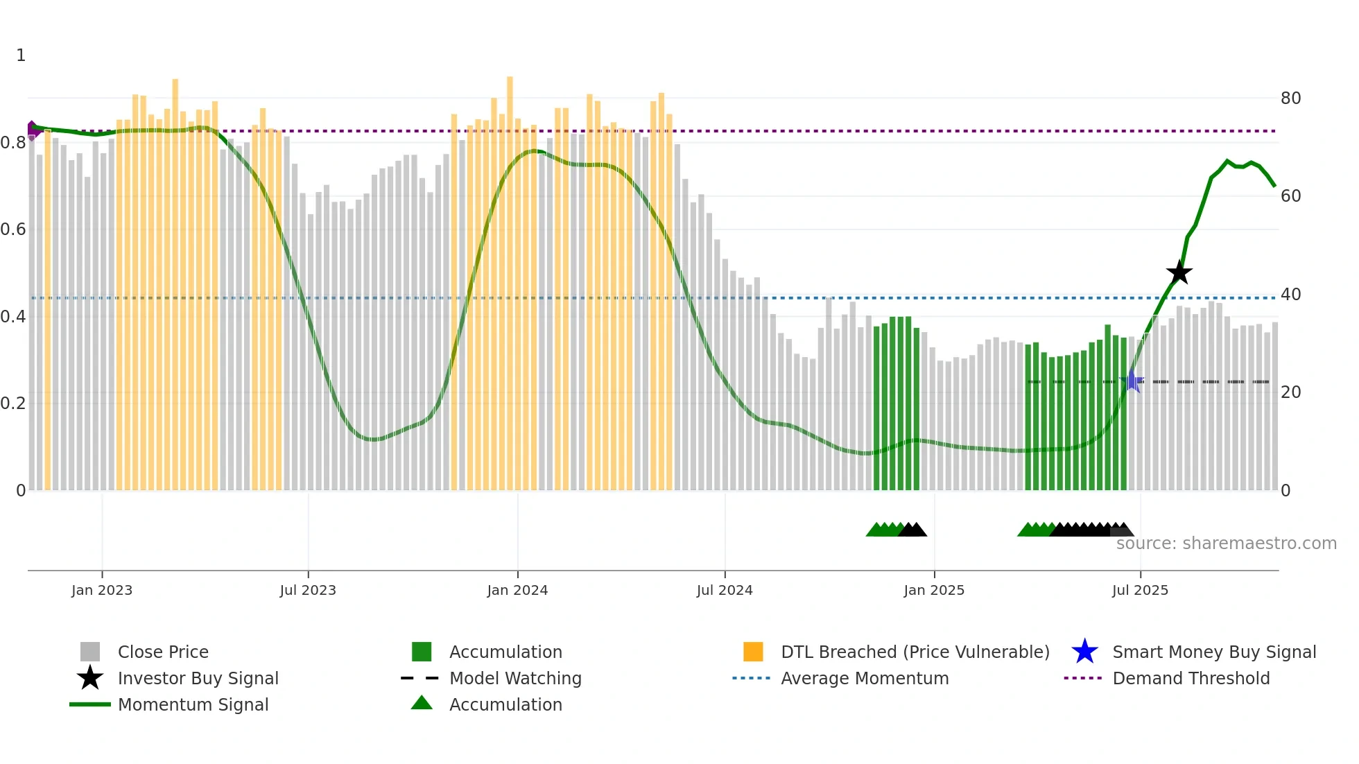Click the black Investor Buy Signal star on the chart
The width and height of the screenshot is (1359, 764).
(1179, 273)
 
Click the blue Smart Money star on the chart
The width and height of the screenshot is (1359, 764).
(1132, 381)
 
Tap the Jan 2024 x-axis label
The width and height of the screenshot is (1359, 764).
(517, 590)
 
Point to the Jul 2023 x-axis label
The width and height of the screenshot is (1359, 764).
(308, 590)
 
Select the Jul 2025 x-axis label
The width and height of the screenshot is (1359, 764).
(1140, 590)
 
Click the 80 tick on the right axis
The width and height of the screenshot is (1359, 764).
(1290, 98)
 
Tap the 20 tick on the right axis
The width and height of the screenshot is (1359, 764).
(1290, 392)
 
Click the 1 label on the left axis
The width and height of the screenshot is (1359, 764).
(21, 55)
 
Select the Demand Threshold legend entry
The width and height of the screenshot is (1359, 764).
(1191, 678)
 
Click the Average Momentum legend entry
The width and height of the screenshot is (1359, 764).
(864, 678)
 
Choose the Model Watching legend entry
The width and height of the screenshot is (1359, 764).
(514, 678)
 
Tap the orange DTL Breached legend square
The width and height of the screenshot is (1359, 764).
(753, 652)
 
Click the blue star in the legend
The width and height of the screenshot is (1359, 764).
(1084, 652)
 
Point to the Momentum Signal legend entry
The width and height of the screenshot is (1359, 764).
(193, 704)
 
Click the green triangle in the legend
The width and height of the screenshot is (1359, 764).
(422, 703)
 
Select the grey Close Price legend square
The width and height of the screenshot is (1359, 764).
(90, 652)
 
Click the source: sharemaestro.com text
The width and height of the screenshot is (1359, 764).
(1226, 544)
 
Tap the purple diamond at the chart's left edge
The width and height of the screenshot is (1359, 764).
(32, 130)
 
